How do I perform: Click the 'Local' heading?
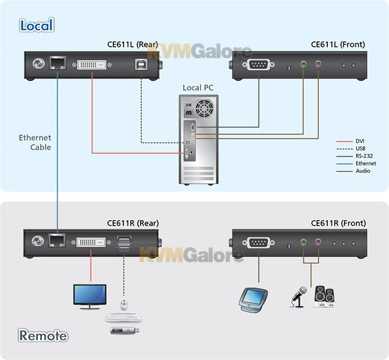(x=37, y=25)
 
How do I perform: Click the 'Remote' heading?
(x=43, y=335)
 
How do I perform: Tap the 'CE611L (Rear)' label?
(x=131, y=44)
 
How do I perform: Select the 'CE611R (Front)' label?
(x=338, y=223)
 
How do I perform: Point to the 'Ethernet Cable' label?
(x=35, y=142)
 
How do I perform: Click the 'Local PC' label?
(x=198, y=88)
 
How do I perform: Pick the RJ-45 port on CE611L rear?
(x=58, y=62)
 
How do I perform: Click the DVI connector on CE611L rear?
(x=94, y=64)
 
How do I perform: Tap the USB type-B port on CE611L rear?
(x=141, y=64)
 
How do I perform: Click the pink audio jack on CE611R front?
(x=318, y=242)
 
